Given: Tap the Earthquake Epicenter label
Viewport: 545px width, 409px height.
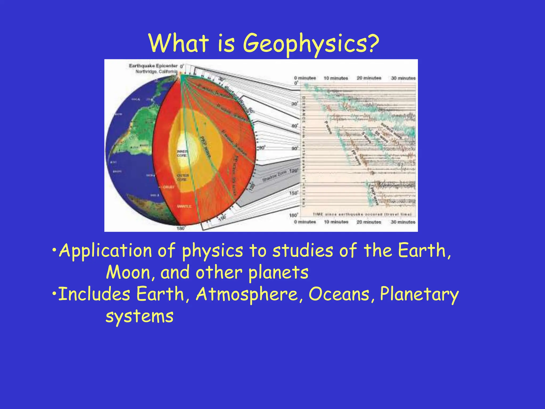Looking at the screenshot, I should coord(153,66).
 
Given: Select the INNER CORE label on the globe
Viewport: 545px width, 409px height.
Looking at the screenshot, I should coord(182,153).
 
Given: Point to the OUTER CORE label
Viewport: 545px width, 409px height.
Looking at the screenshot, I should coord(183,177).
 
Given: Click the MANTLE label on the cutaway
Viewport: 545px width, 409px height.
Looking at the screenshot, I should coord(184,206).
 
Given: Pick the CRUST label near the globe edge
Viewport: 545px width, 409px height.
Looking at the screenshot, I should coord(168,187).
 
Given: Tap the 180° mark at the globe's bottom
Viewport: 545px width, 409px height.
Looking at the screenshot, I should coord(181,228).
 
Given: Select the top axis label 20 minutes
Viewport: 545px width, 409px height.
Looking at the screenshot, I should coord(369,78).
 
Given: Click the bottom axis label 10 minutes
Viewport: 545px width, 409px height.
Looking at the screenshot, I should coord(336,222).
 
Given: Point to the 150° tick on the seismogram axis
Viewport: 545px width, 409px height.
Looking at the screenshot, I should coord(294,193).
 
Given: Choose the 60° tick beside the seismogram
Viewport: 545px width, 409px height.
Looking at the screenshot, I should coord(295,125).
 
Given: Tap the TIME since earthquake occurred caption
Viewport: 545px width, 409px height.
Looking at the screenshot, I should coord(362,214).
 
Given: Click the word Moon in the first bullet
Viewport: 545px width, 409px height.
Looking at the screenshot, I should coord(129,273).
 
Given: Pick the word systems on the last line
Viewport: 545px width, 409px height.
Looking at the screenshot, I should coord(139,317).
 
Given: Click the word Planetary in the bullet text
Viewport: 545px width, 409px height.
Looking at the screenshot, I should coord(419,294).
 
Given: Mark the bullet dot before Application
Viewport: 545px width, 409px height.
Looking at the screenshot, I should coord(54,250).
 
